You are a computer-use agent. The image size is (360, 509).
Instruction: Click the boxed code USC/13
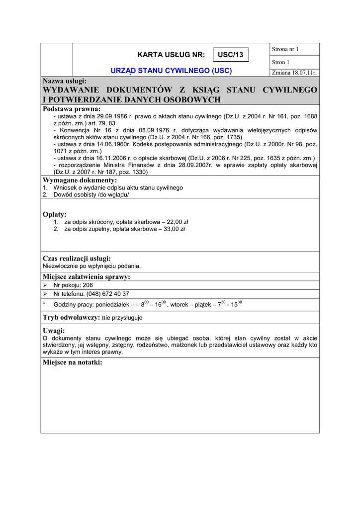point(231,55)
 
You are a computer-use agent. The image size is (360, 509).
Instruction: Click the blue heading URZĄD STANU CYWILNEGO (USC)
point(171,71)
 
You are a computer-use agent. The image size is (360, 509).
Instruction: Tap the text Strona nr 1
point(285,49)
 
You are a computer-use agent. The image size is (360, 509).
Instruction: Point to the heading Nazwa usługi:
point(65,81)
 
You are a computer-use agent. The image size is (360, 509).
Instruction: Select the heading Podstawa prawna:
point(72,109)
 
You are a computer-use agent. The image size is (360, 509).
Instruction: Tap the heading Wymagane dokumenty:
point(80,180)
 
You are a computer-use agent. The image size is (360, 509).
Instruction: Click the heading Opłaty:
point(55,214)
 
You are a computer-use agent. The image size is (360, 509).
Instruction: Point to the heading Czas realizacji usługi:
point(77,258)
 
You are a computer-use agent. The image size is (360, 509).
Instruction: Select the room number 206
point(88,285)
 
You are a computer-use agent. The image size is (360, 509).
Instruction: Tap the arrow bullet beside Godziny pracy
point(45,303)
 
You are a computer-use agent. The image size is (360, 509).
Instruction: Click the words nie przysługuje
point(122,318)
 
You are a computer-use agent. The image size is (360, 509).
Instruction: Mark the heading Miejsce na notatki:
point(73,362)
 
